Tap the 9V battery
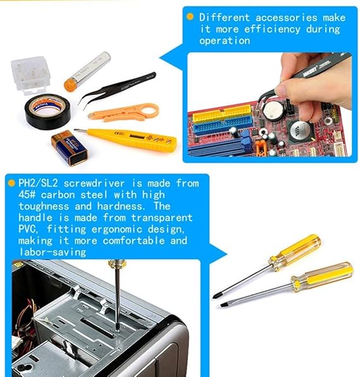point(70,148)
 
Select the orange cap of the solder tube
point(70,85)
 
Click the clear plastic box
point(30,75)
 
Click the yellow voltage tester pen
point(127,139)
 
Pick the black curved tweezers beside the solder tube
point(116,90)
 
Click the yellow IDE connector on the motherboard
point(222,113)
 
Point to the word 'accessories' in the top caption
point(287,18)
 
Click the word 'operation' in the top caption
point(225,41)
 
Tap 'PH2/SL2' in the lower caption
point(38,183)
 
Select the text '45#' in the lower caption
point(27,195)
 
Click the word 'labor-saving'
point(53,252)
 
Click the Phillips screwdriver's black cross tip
point(215,296)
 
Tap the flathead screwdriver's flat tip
point(223,306)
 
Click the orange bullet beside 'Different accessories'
point(190,16)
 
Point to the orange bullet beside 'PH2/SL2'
point(11,183)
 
